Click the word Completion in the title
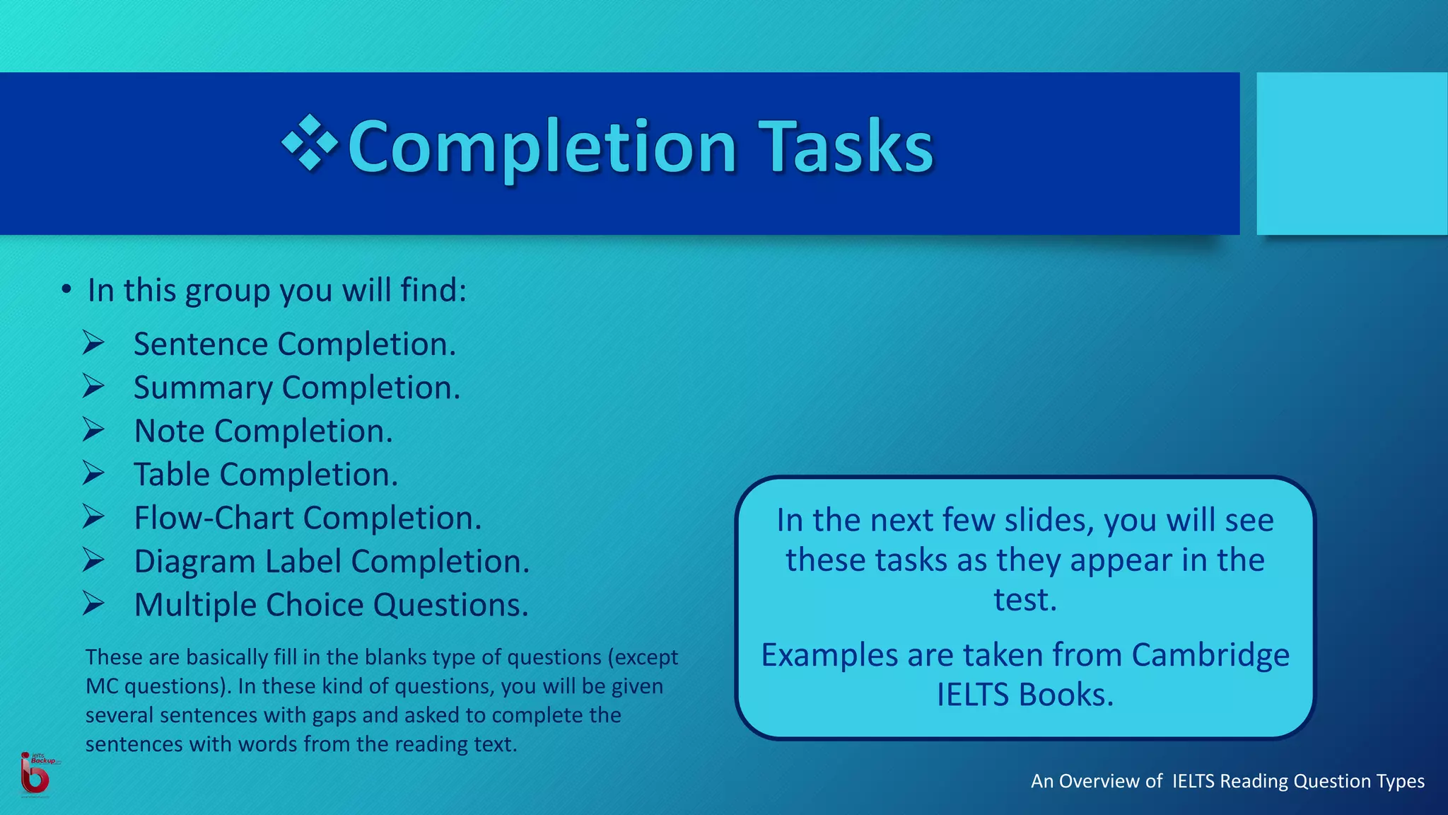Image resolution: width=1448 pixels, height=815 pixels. pos(543,147)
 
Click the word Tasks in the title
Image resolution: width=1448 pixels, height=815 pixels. pos(846,147)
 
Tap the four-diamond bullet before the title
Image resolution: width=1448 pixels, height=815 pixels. pos(310,144)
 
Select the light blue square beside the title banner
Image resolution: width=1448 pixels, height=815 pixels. pos(1351,154)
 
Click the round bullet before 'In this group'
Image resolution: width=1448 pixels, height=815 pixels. pos(66,289)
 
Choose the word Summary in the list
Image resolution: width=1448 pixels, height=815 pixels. pos(203,388)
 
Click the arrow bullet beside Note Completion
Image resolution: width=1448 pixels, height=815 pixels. pos(93,430)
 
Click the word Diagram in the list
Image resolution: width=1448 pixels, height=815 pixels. pos(194,562)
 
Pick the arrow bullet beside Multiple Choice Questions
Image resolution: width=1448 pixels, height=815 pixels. pos(93,603)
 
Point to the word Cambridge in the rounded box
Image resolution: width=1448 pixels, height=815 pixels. pos(1210,655)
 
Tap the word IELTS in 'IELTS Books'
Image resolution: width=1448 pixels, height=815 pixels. pos(973,695)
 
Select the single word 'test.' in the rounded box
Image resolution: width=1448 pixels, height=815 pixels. pos(1024,600)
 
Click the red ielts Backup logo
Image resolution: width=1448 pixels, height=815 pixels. pos(35,774)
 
